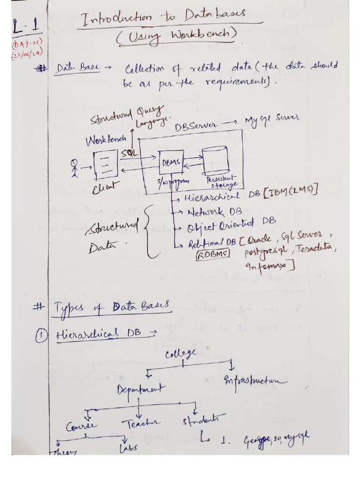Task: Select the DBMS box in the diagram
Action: pos(171,163)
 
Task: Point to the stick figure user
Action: pos(74,167)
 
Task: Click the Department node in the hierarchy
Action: pos(141,389)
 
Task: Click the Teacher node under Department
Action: pos(141,424)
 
